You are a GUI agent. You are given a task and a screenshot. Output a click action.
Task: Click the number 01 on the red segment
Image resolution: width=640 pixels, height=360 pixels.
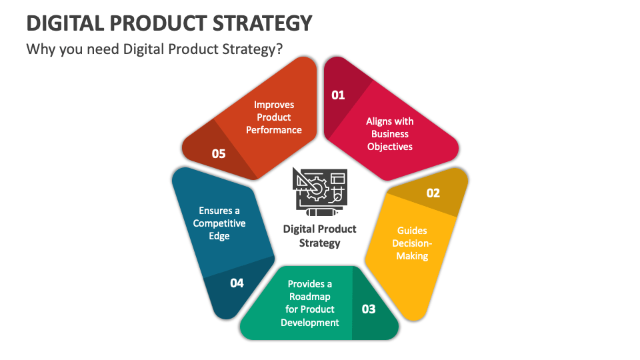[339, 95]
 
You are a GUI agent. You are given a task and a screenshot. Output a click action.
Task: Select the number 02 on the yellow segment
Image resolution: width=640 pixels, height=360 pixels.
[433, 193]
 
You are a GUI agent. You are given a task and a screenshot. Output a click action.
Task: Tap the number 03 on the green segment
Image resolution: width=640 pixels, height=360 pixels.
[369, 309]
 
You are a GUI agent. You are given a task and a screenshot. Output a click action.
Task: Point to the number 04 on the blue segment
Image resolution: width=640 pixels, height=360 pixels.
[237, 283]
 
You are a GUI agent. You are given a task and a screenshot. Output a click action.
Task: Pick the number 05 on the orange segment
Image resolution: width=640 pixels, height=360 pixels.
[219, 153]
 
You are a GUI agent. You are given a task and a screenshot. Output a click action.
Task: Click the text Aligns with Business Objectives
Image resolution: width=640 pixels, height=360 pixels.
[390, 133]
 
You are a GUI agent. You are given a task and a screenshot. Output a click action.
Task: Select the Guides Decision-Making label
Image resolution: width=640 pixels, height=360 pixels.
[412, 243]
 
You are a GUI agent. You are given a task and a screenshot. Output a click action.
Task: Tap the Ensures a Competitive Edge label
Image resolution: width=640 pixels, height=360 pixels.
[219, 223]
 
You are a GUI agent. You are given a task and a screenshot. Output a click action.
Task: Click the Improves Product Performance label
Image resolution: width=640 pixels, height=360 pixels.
[274, 117]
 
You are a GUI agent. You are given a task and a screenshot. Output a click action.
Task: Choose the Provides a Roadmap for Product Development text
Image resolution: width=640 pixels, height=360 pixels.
[310, 303]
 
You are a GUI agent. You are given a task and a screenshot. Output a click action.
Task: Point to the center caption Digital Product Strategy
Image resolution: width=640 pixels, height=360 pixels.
[320, 235]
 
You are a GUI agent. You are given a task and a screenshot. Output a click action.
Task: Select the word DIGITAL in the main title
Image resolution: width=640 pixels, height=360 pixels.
[65, 23]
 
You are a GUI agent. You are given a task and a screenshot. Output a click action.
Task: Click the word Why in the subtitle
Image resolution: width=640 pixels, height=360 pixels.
[39, 50]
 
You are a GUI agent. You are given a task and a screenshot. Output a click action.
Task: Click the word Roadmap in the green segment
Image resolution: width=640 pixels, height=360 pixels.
[310, 297]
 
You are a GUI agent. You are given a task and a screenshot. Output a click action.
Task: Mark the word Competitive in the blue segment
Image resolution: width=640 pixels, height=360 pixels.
[219, 223]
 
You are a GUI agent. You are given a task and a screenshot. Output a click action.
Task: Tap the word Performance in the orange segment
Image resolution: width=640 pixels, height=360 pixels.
[274, 130]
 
